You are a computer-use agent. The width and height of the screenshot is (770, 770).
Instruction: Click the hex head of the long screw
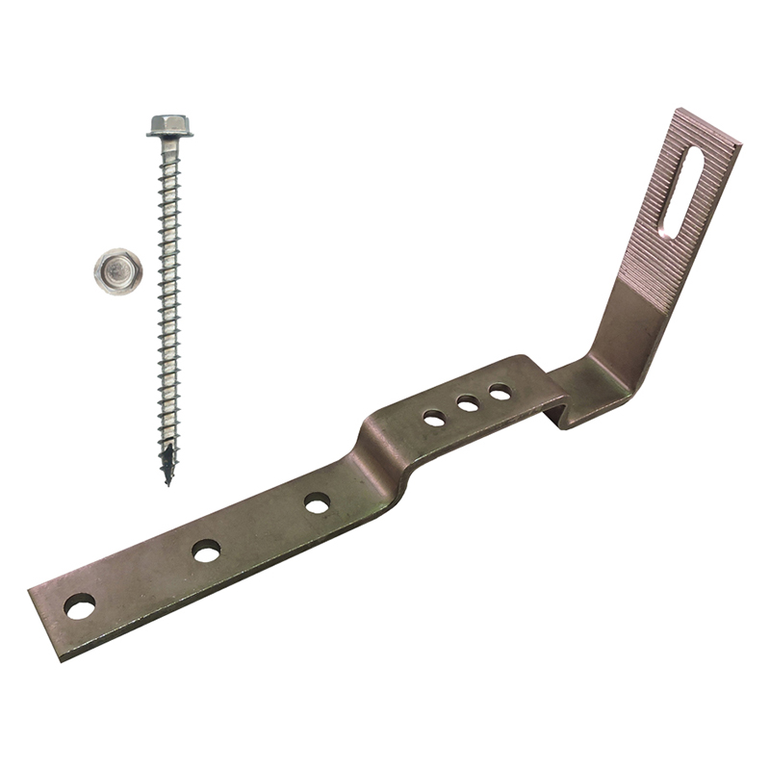[x=169, y=123]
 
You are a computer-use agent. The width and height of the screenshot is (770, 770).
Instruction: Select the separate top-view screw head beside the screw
[x=118, y=269]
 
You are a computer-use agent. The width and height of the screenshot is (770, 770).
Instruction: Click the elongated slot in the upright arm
[x=683, y=188]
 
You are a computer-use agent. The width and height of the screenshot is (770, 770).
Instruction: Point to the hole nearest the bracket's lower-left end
[x=80, y=606]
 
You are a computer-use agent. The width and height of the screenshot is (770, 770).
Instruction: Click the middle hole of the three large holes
[x=206, y=551]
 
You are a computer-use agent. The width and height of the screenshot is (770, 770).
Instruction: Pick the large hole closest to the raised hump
[x=317, y=502]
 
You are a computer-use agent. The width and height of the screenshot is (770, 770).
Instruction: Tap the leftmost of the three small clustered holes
[x=434, y=418]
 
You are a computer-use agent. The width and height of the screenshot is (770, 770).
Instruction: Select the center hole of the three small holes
[x=468, y=404]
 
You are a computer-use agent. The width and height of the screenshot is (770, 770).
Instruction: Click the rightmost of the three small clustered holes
[x=500, y=392]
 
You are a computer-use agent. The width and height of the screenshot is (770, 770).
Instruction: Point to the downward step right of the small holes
[x=558, y=404]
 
